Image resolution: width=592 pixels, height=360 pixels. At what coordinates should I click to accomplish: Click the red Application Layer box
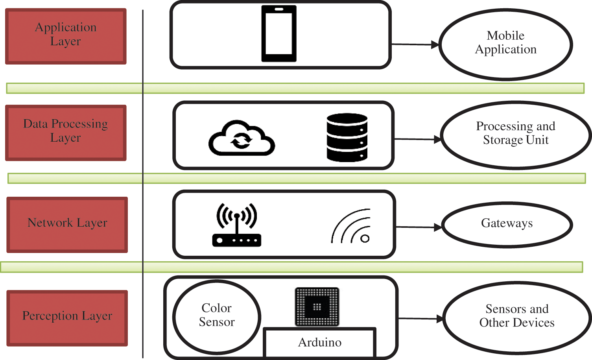pyautogui.click(x=66, y=36)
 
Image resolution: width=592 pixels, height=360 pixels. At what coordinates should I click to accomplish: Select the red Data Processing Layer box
pyautogui.click(x=66, y=133)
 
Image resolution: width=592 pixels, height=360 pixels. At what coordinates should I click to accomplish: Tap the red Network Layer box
pyautogui.click(x=67, y=225)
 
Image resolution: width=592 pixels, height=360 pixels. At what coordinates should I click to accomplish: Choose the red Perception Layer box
pyautogui.click(x=67, y=318)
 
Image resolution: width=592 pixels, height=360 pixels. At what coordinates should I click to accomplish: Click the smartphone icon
pyautogui.click(x=279, y=34)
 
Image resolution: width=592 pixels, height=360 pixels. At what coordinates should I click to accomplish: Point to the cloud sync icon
pyautogui.click(x=242, y=138)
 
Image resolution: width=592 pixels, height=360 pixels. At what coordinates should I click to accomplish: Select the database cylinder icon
pyautogui.click(x=347, y=138)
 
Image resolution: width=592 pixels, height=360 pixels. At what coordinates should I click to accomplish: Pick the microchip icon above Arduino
pyautogui.click(x=317, y=307)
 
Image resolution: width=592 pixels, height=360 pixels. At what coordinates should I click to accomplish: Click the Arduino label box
pyautogui.click(x=319, y=342)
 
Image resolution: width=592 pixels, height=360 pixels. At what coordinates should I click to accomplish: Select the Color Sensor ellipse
pyautogui.click(x=217, y=317)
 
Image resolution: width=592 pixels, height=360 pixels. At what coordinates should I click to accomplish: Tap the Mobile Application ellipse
pyautogui.click(x=505, y=44)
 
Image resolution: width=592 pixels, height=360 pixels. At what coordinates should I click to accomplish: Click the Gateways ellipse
pyautogui.click(x=507, y=225)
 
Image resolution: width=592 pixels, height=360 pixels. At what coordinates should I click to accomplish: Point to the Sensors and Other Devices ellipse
pyautogui.click(x=517, y=318)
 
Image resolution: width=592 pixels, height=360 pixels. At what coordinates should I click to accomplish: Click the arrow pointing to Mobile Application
pyautogui.click(x=415, y=44)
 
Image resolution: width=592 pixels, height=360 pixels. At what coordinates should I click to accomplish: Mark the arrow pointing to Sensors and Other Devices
pyautogui.click(x=421, y=319)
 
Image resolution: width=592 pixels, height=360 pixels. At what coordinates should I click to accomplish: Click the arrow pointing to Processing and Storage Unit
pyautogui.click(x=417, y=139)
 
